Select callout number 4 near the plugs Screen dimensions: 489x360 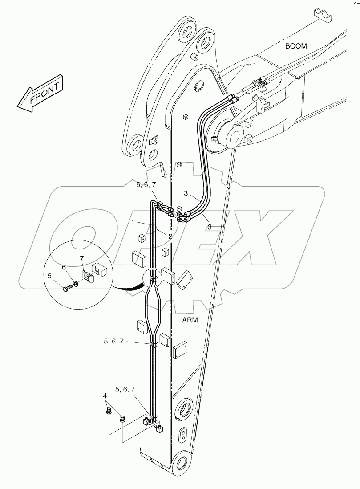tap(105, 395)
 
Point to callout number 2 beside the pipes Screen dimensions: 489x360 tap(170, 236)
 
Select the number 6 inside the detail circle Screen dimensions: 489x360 tap(64, 267)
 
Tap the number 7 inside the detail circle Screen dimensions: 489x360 tap(81, 259)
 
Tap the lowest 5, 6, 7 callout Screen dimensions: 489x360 tap(125, 389)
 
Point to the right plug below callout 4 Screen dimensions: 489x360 tap(123, 418)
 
